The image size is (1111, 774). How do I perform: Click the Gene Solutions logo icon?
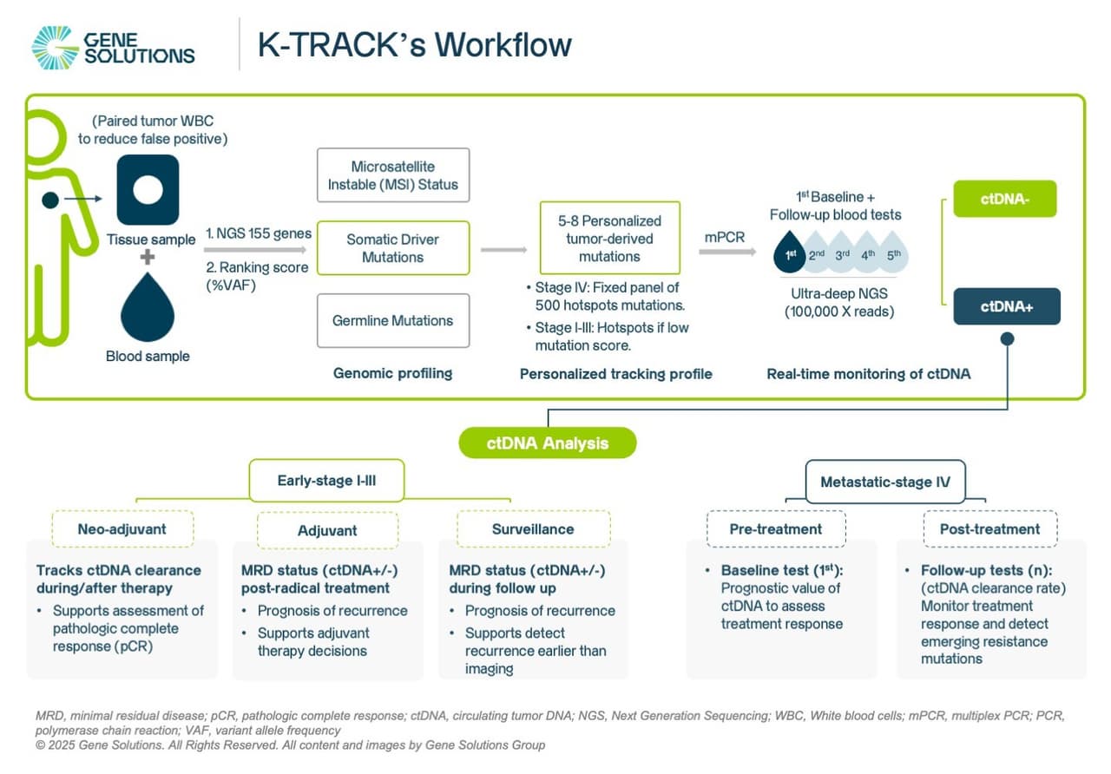point(54,47)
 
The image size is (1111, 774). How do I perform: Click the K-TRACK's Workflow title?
point(415,45)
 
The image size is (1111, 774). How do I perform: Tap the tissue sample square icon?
point(148,189)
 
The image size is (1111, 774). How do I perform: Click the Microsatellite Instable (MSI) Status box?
point(393,175)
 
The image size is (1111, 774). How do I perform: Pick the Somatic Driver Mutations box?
point(393,248)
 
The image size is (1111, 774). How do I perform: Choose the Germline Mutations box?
point(393,321)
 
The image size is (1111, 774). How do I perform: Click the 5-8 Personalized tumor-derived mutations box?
point(609,239)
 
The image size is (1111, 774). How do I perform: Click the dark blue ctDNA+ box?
point(1006,306)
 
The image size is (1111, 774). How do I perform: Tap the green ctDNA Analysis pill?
point(548,443)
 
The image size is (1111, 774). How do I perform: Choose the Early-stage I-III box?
point(326,481)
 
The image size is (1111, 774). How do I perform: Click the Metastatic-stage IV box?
point(884,481)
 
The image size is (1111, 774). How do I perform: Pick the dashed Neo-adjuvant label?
point(122,529)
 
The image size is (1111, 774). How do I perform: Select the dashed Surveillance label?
point(533,529)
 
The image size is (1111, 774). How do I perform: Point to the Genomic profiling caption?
point(393,374)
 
